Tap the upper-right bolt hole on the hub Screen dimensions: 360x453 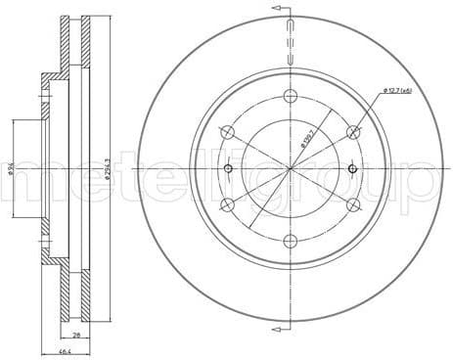click(354, 132)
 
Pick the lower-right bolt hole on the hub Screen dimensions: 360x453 click(354, 204)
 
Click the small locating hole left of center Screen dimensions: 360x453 click(229, 168)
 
